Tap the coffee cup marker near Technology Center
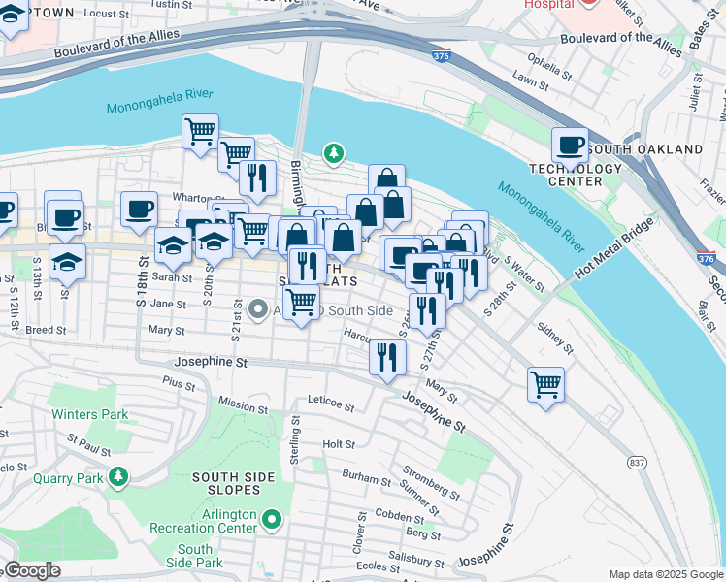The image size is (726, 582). (570, 145)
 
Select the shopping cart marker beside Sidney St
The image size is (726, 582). (545, 383)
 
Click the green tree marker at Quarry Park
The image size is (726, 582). (118, 476)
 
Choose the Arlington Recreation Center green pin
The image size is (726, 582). (273, 521)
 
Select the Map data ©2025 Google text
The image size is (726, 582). (665, 574)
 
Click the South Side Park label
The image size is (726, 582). (195, 556)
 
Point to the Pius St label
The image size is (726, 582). (180, 385)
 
